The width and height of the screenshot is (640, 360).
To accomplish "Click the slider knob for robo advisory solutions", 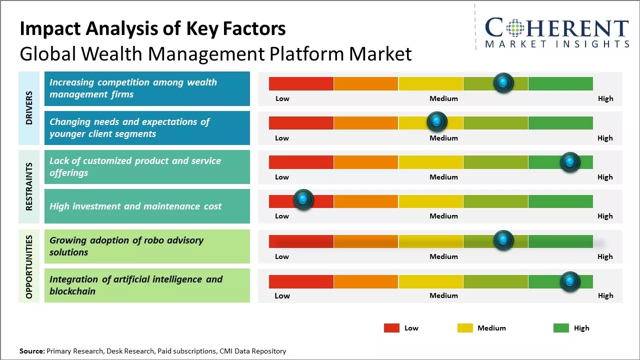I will (x=503, y=240).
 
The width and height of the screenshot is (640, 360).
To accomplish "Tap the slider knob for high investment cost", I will (x=302, y=199).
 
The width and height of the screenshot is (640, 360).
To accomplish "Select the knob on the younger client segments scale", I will (x=436, y=121).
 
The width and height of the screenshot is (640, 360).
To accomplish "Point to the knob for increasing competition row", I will (x=503, y=82).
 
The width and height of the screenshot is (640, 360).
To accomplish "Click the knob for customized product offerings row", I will (x=569, y=162).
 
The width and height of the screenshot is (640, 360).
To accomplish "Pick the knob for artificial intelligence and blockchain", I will (x=569, y=281).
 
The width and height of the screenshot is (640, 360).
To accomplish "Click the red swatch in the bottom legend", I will (x=391, y=328).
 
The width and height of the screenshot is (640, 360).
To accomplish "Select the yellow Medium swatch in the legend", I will (x=465, y=328).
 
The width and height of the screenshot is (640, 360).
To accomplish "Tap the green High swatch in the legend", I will (x=561, y=328).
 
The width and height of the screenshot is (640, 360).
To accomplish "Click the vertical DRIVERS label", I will (x=29, y=108).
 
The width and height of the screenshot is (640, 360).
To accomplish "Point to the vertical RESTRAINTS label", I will (x=29, y=186).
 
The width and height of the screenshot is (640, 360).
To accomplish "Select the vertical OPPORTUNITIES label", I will (x=29, y=266).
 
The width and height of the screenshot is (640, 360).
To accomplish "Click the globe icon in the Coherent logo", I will (x=514, y=28).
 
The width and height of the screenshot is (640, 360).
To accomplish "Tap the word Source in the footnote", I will (x=31, y=351).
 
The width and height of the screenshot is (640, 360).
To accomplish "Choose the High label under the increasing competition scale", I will (x=605, y=98).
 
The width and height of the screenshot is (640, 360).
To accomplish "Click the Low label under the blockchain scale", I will (x=282, y=295).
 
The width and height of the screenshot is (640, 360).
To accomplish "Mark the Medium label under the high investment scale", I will (x=443, y=216).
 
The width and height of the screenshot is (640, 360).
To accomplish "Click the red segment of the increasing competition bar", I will (x=301, y=83).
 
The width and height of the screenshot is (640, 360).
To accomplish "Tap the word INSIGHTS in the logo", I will (x=600, y=44).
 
